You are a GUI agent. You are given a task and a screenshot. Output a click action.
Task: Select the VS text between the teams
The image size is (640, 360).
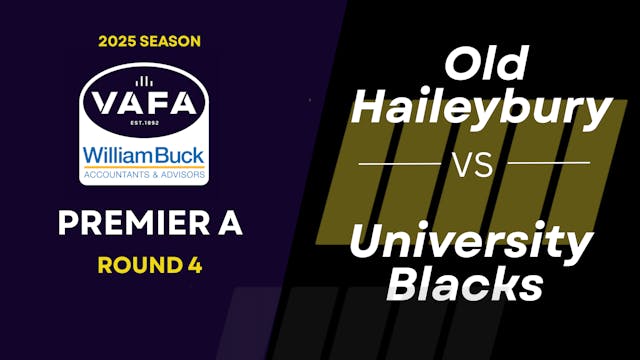tap(474, 163)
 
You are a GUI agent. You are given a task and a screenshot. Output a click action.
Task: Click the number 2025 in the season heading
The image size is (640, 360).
tap(118, 41)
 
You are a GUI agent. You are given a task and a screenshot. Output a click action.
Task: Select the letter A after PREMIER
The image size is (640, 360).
tap(230, 225)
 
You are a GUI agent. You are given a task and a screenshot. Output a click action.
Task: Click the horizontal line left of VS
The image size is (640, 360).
tap(398, 162)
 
